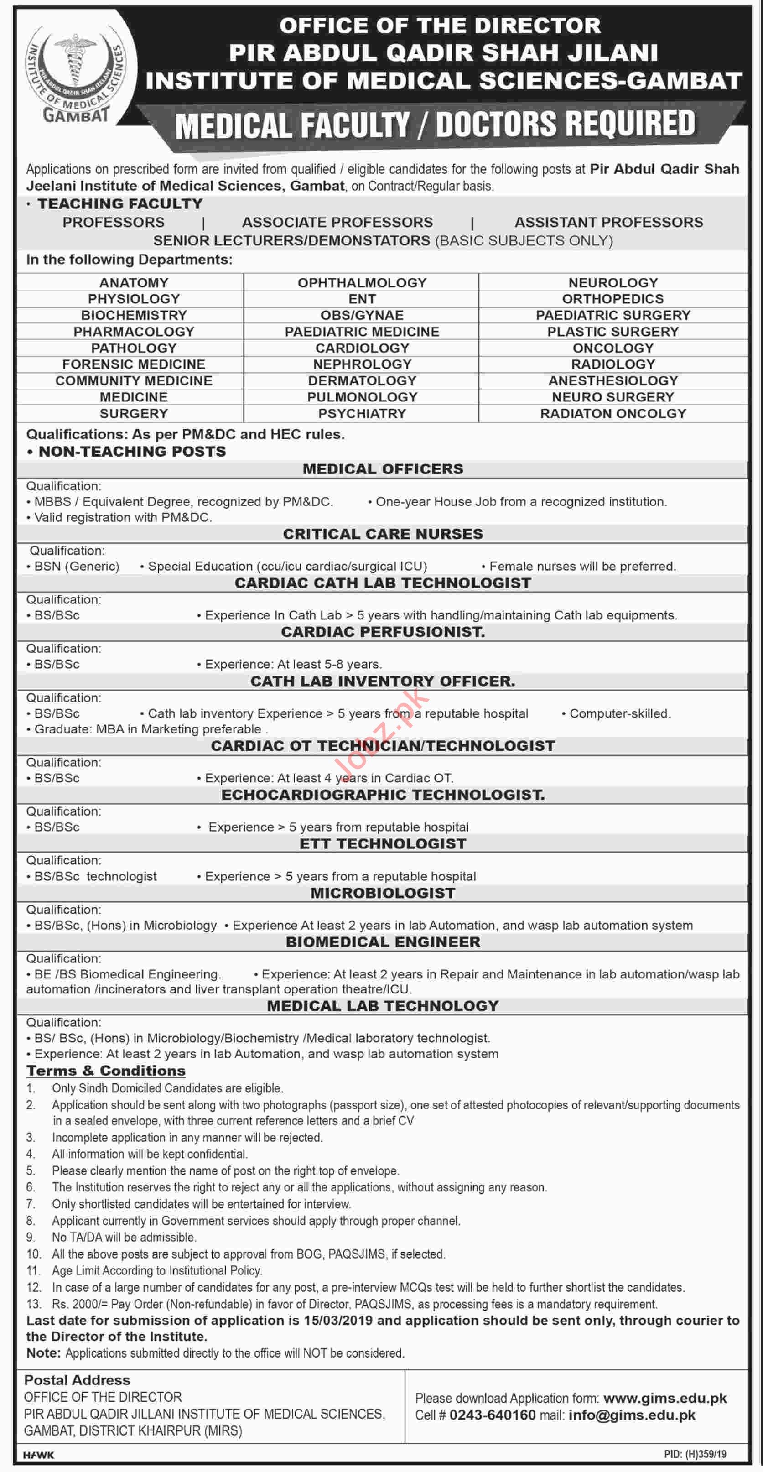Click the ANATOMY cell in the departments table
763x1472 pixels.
click(134, 282)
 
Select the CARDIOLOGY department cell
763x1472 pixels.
click(362, 348)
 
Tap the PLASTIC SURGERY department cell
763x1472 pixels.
click(612, 332)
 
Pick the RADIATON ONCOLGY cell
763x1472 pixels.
click(612, 413)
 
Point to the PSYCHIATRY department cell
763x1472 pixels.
click(362, 413)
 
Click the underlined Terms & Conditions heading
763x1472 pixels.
click(106, 1071)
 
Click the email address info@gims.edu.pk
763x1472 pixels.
click(632, 1415)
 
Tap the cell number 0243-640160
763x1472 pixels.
click(492, 1415)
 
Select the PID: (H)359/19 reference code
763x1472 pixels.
click(695, 1454)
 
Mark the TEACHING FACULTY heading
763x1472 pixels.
click(120, 204)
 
